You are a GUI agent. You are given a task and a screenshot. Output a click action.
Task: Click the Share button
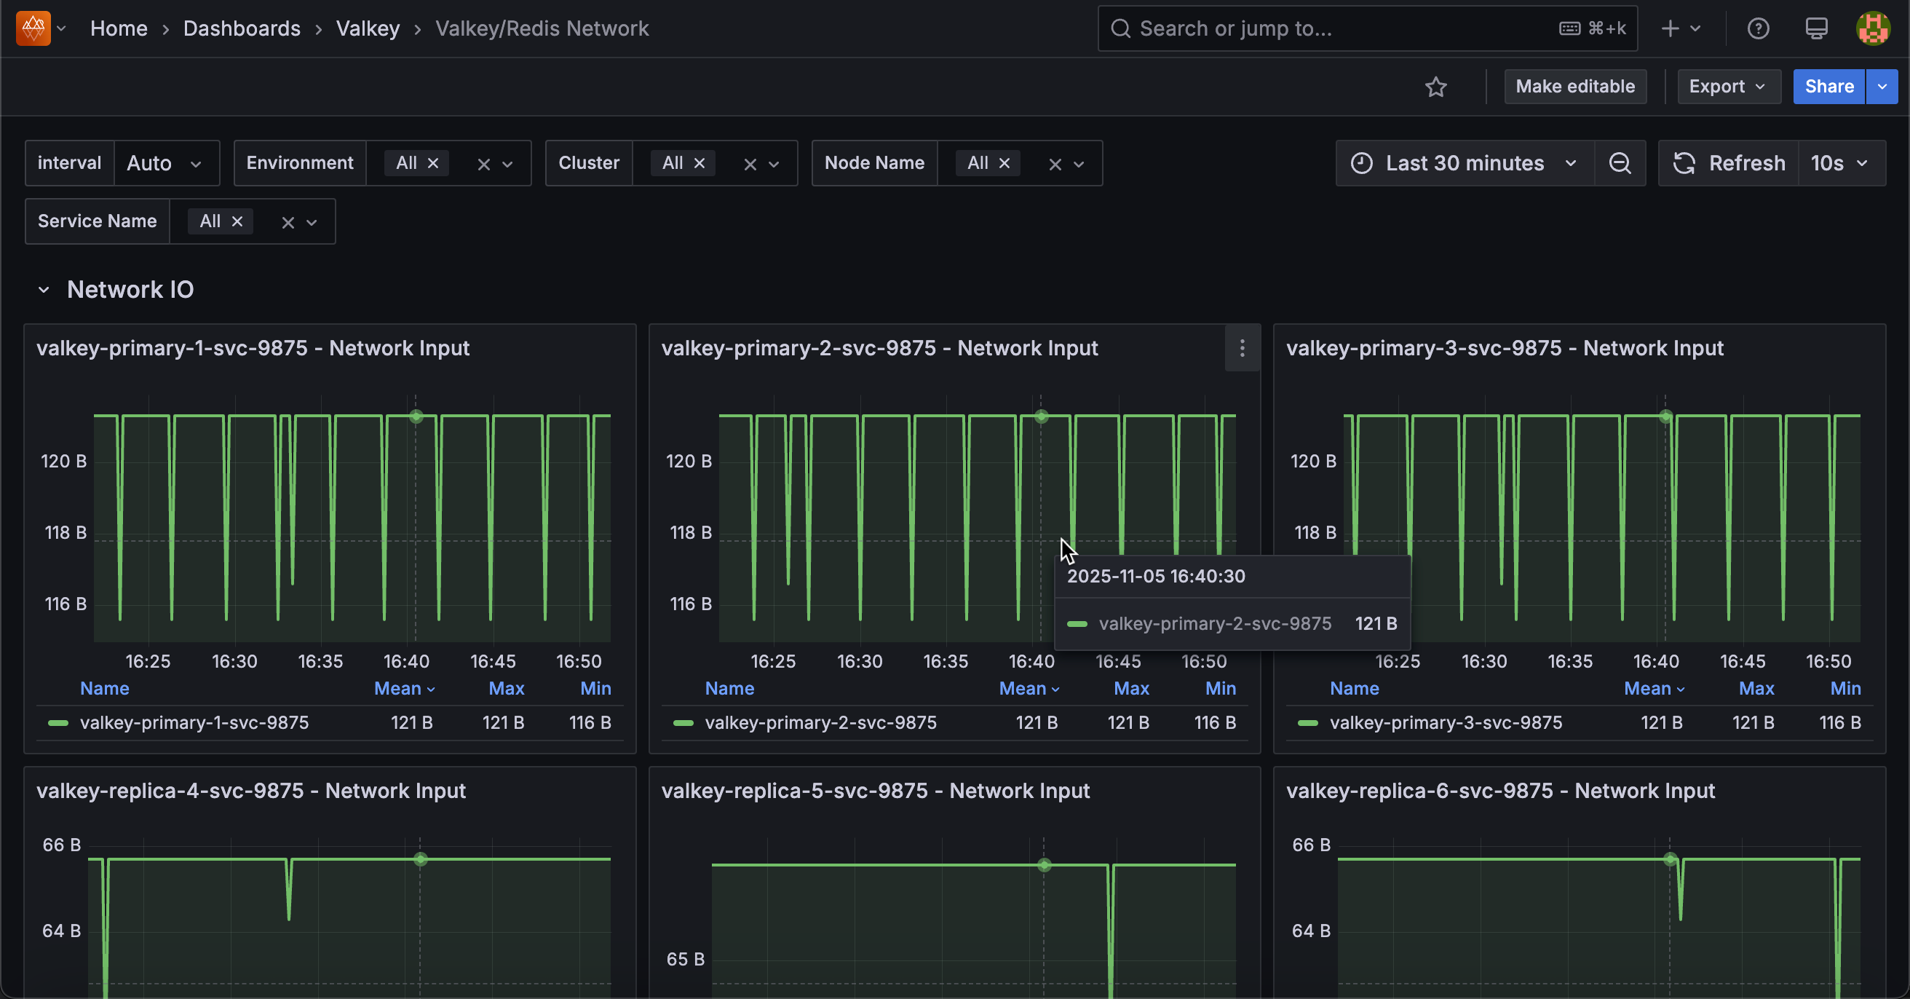point(1828,87)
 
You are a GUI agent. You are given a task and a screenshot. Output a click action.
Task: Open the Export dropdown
point(1727,87)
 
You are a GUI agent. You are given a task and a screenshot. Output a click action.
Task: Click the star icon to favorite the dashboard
point(1435,87)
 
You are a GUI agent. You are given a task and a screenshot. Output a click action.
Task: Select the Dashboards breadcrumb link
point(242,28)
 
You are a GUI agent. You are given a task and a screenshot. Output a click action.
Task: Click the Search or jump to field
point(1335,28)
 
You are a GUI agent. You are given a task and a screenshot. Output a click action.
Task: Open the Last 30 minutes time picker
point(1464,163)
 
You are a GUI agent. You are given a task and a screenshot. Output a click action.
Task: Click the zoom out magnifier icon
point(1620,163)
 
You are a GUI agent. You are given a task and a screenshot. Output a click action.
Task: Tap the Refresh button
point(1729,163)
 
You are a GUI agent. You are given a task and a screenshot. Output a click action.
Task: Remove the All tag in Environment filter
point(433,163)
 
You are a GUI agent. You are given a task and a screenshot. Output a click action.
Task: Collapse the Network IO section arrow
point(44,290)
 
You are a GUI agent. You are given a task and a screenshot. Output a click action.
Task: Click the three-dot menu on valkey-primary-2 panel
point(1242,348)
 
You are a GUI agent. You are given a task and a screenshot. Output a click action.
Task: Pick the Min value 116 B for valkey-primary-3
point(1839,722)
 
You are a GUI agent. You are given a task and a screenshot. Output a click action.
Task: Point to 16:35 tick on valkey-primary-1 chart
point(320,661)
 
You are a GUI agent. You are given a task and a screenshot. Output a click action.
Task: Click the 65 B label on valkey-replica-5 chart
point(684,959)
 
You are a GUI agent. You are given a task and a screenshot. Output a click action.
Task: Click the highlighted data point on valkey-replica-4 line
point(421,858)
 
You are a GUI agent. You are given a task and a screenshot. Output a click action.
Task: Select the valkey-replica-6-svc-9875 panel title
point(1500,791)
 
